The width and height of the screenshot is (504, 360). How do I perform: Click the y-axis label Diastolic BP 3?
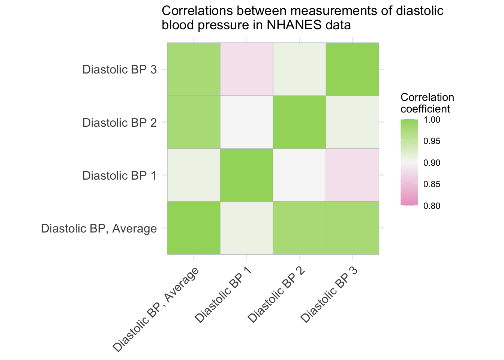click(x=120, y=69)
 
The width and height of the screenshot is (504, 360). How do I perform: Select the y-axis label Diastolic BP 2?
click(x=120, y=123)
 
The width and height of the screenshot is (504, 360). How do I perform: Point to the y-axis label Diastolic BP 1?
click(x=120, y=175)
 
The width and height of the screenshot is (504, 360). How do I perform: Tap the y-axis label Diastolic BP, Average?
click(x=99, y=229)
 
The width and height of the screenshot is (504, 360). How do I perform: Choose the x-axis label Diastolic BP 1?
click(x=223, y=295)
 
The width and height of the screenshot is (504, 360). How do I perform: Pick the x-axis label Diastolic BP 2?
click(x=276, y=295)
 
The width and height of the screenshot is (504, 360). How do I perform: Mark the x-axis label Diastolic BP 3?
click(x=329, y=295)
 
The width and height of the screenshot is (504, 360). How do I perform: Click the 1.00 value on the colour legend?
click(x=432, y=120)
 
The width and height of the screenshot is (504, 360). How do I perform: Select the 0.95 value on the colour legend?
click(x=432, y=141)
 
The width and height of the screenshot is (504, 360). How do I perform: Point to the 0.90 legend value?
click(x=432, y=163)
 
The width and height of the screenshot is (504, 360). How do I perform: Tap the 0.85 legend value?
click(x=432, y=184)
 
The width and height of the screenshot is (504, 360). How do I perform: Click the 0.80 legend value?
click(x=432, y=206)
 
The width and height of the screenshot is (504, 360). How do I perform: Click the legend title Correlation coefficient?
click(x=427, y=103)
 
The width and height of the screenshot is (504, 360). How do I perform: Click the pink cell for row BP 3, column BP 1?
click(x=247, y=69)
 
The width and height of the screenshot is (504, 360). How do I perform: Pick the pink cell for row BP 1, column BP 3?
click(x=352, y=175)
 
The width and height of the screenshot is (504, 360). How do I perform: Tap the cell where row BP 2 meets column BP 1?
click(x=247, y=122)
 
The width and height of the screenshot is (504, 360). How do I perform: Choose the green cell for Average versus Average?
click(x=194, y=228)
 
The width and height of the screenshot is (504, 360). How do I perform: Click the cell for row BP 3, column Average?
click(x=194, y=69)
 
